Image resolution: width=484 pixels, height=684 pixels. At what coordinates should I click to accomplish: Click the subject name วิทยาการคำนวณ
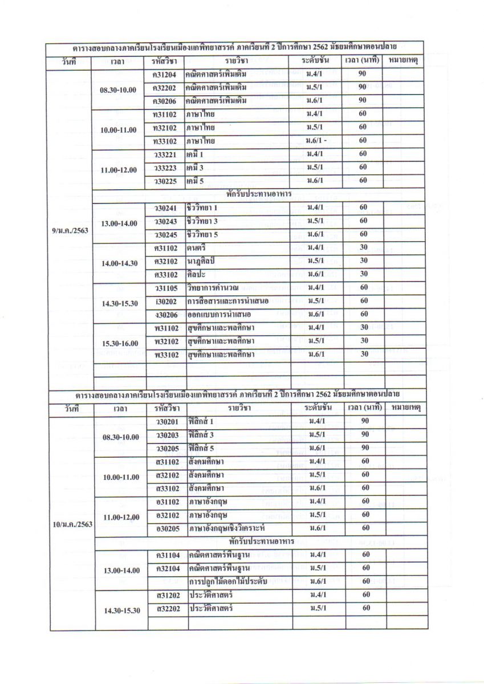[215, 288]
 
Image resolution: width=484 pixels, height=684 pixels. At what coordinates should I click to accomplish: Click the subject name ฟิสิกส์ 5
[204, 448]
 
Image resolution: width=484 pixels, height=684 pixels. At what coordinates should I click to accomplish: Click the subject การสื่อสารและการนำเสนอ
[224, 302]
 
